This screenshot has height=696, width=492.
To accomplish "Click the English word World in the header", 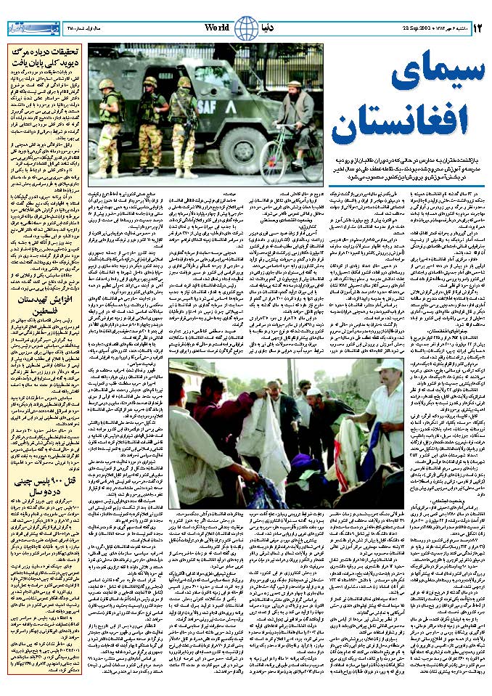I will click(x=216, y=27).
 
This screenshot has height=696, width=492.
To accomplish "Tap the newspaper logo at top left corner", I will click(x=30, y=28).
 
